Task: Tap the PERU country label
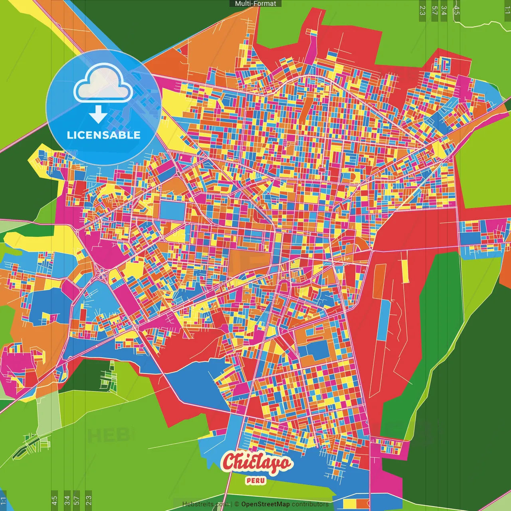[x=255, y=481]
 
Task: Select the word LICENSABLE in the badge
[x=104, y=135]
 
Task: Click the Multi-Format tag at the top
[x=255, y=4]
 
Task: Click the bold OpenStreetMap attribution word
[x=265, y=504]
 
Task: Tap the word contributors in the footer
[x=310, y=504]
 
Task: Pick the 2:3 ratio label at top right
[x=422, y=10]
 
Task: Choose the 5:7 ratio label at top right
[x=434, y=10]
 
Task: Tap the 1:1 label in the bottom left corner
[x=4, y=501]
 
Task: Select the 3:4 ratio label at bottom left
[x=67, y=501]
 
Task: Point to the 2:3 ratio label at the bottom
[x=89, y=501]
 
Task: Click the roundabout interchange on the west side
[x=103, y=274]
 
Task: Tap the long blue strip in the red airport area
[x=383, y=319]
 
